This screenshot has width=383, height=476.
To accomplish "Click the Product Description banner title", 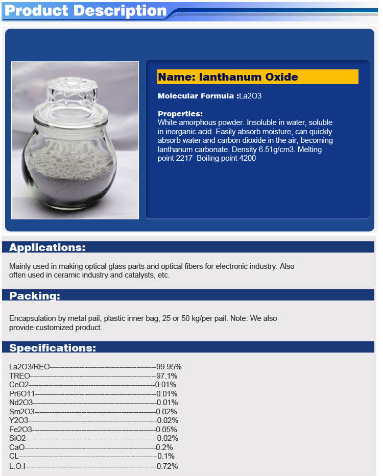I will (85, 11).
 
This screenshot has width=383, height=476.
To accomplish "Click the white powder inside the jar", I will (77, 168).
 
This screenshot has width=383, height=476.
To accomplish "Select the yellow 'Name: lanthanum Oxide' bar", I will (257, 77).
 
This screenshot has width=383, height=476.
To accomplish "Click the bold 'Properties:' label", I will (180, 114).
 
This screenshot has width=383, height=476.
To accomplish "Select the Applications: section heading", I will (47, 248).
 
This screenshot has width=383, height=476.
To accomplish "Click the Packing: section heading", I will (35, 296).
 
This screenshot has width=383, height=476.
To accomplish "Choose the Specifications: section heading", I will (53, 348).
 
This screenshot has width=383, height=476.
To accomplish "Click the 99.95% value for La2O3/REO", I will (169, 367).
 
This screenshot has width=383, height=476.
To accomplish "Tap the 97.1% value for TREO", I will (167, 376).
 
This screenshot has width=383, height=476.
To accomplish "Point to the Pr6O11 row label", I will (22, 394).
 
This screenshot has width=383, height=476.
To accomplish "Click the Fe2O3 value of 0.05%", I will (167, 430).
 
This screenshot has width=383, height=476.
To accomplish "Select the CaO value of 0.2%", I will (165, 447).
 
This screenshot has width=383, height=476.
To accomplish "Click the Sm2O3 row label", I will (22, 412).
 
